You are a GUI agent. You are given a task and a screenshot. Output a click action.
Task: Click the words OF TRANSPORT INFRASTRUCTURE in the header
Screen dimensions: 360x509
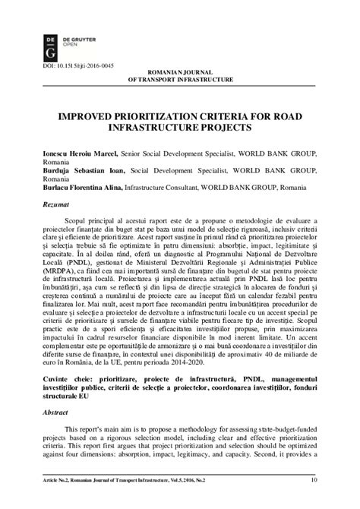tap(180, 78)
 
